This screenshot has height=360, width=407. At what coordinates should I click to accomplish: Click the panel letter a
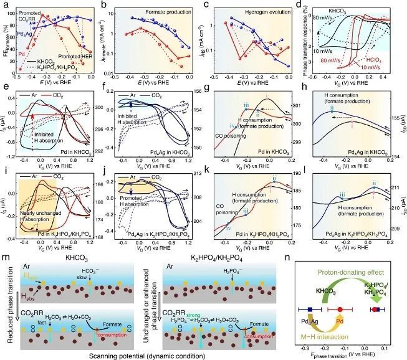click(x=4, y=6)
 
